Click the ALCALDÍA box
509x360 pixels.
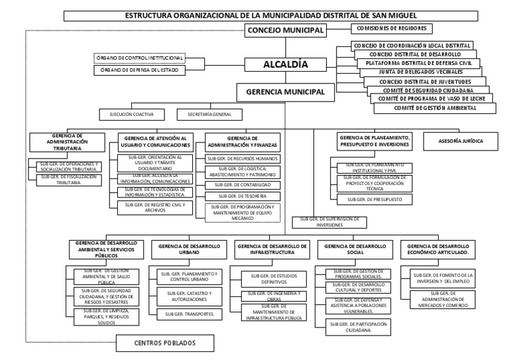point(285,65)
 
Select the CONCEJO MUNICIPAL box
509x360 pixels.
point(285,30)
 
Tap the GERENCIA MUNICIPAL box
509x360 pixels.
point(285,91)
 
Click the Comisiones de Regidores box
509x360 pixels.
point(391,29)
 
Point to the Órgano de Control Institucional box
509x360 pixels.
point(139,58)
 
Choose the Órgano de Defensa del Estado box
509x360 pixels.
point(139,70)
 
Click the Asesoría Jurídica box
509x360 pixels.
point(461,141)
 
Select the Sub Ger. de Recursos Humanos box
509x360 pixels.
point(243,159)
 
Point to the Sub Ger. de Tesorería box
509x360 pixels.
point(243,197)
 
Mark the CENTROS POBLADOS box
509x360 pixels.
point(165,343)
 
